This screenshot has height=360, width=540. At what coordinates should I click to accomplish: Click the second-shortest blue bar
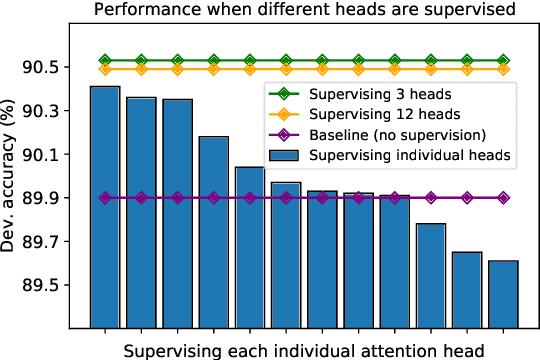467,289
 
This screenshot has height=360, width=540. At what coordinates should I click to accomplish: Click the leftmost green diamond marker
105,61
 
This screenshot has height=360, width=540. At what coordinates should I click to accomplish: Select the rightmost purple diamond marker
503,198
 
